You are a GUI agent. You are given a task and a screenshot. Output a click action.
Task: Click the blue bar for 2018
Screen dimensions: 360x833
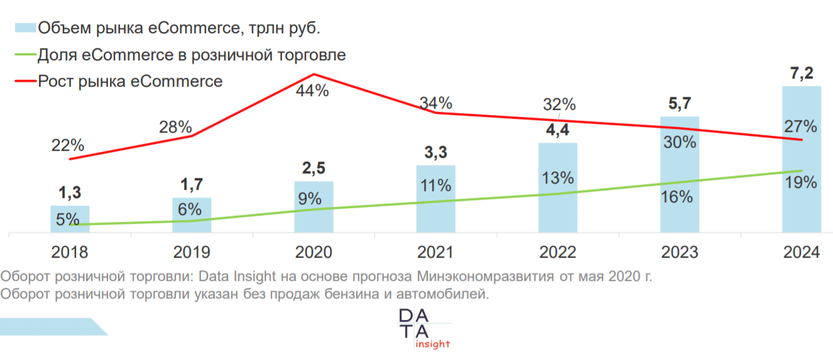[x=70, y=219]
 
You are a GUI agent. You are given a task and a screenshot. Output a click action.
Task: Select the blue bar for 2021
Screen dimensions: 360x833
[x=435, y=199]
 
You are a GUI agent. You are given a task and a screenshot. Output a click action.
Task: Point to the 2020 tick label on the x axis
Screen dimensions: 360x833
[x=313, y=252]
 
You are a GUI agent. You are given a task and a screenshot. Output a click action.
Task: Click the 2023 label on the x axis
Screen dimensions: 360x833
[x=679, y=252]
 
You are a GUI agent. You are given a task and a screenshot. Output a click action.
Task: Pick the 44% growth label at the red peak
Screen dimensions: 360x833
[x=312, y=90]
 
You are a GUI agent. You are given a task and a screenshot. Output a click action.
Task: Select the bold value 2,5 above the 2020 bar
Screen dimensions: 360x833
[x=313, y=169]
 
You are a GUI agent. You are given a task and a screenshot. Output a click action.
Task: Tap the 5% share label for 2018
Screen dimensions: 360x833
[x=67, y=219]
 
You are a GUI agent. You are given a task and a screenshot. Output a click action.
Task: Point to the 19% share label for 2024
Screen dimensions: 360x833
[x=801, y=183]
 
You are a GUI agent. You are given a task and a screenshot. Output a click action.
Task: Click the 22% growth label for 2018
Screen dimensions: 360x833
[x=67, y=145]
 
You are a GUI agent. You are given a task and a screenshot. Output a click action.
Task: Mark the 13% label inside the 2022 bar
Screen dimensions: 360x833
[x=558, y=178]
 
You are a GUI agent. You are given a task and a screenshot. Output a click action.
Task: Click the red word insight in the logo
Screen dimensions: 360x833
[x=432, y=344]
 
